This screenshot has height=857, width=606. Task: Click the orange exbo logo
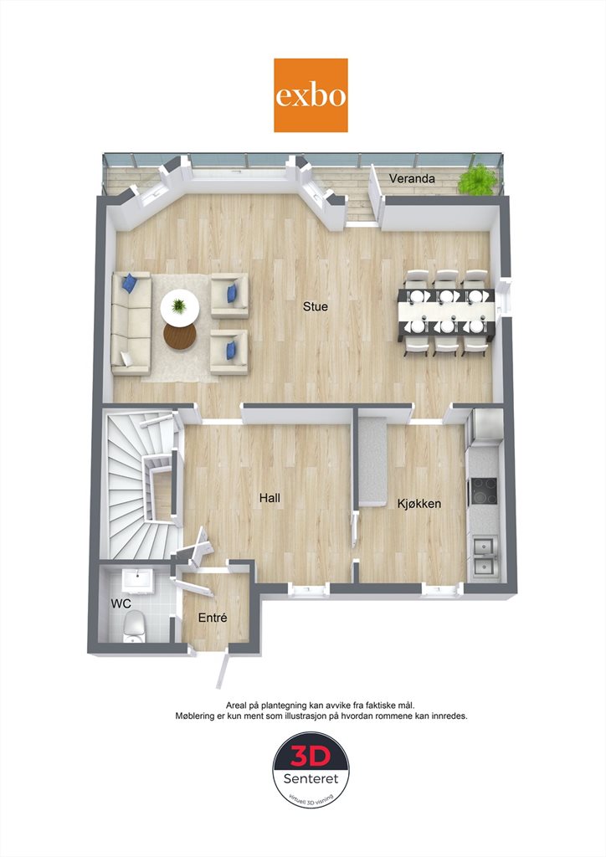(311, 95)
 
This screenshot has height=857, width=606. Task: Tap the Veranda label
(412, 178)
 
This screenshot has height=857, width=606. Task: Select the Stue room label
(316, 306)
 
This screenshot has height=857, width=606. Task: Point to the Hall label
(270, 497)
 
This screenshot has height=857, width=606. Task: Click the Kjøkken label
(419, 503)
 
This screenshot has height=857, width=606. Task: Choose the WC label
(121, 604)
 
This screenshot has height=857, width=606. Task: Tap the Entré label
(212, 618)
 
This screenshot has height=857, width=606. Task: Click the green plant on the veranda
(477, 178)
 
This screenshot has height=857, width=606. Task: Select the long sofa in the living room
(131, 324)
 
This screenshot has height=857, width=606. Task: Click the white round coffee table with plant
(180, 307)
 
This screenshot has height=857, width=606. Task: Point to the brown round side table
(180, 336)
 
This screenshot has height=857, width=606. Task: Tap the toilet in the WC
(134, 626)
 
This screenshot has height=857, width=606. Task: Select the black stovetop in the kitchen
(484, 490)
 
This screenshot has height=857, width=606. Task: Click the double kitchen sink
(485, 556)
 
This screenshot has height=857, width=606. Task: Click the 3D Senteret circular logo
(311, 770)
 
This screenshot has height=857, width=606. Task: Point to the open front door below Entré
(223, 670)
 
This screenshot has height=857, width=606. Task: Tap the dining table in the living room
(447, 312)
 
